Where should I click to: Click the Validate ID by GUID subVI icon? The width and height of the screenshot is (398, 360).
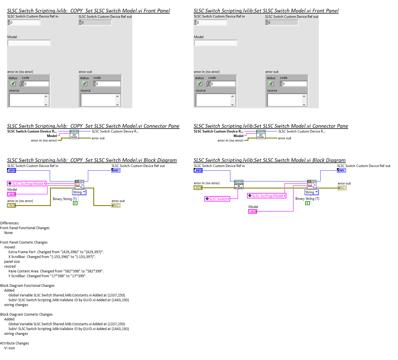239,185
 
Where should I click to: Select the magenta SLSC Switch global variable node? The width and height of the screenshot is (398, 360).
217,199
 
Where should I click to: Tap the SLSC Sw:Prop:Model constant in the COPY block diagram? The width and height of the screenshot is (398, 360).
27,184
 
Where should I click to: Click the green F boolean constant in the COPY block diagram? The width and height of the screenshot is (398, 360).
75,203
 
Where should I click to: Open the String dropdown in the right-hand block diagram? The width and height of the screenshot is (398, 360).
312,192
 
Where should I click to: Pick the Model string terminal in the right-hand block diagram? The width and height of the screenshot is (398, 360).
253,211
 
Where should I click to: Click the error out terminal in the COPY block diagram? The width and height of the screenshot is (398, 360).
116,205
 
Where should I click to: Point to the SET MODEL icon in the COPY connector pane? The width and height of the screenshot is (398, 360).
74,135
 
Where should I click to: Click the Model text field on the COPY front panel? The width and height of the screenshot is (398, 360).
29,43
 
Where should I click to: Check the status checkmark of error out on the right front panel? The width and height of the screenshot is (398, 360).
271,84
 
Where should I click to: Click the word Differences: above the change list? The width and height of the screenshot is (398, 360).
10,223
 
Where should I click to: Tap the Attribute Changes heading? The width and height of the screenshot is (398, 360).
14,343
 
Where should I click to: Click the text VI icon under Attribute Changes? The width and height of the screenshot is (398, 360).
10,348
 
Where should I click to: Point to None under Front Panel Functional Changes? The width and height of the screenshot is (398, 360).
8,233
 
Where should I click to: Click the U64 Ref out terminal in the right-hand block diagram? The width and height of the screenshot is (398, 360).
341,170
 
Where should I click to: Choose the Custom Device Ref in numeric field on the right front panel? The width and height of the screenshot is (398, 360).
212,23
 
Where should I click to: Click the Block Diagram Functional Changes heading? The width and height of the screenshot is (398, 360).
27,286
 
